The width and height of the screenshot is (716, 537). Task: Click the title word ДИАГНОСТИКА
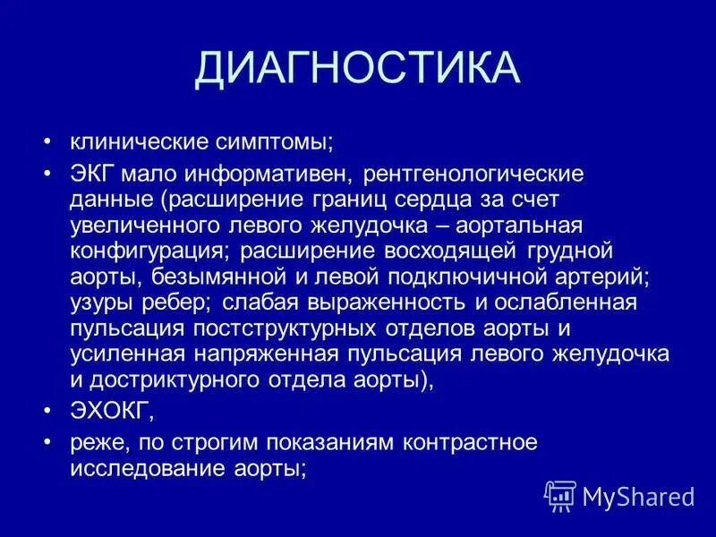click(x=358, y=69)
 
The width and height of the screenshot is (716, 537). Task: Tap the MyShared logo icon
click(x=560, y=494)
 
